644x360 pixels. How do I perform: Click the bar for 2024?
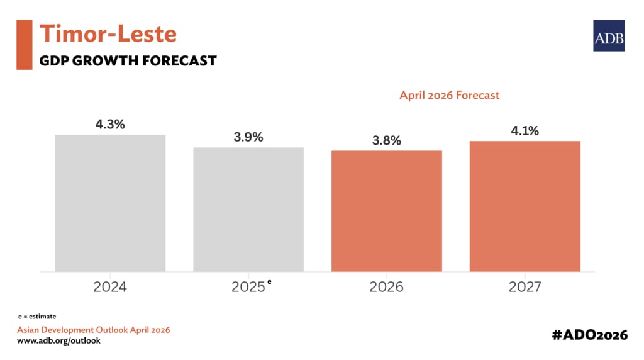click(110, 203)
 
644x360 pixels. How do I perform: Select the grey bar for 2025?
click(248, 209)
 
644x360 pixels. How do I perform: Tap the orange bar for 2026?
click(387, 211)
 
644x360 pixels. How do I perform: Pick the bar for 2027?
click(525, 206)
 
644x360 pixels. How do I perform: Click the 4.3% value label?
click(110, 125)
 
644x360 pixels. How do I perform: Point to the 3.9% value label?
click(248, 137)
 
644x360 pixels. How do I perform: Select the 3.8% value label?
click(387, 141)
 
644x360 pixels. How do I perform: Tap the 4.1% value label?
click(525, 131)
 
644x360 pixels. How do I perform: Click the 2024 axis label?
click(110, 288)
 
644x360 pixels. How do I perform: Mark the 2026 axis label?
click(387, 288)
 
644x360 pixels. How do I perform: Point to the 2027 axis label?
click(525, 288)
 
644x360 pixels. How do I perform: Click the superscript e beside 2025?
click(270, 282)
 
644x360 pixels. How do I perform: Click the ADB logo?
click(609, 35)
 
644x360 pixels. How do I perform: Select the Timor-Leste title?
click(108, 33)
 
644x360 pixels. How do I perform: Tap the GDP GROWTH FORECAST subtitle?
click(128, 61)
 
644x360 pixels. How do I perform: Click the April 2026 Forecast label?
click(450, 95)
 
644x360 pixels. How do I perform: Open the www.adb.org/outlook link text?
click(58, 340)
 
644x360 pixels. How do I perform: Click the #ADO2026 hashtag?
click(589, 335)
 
